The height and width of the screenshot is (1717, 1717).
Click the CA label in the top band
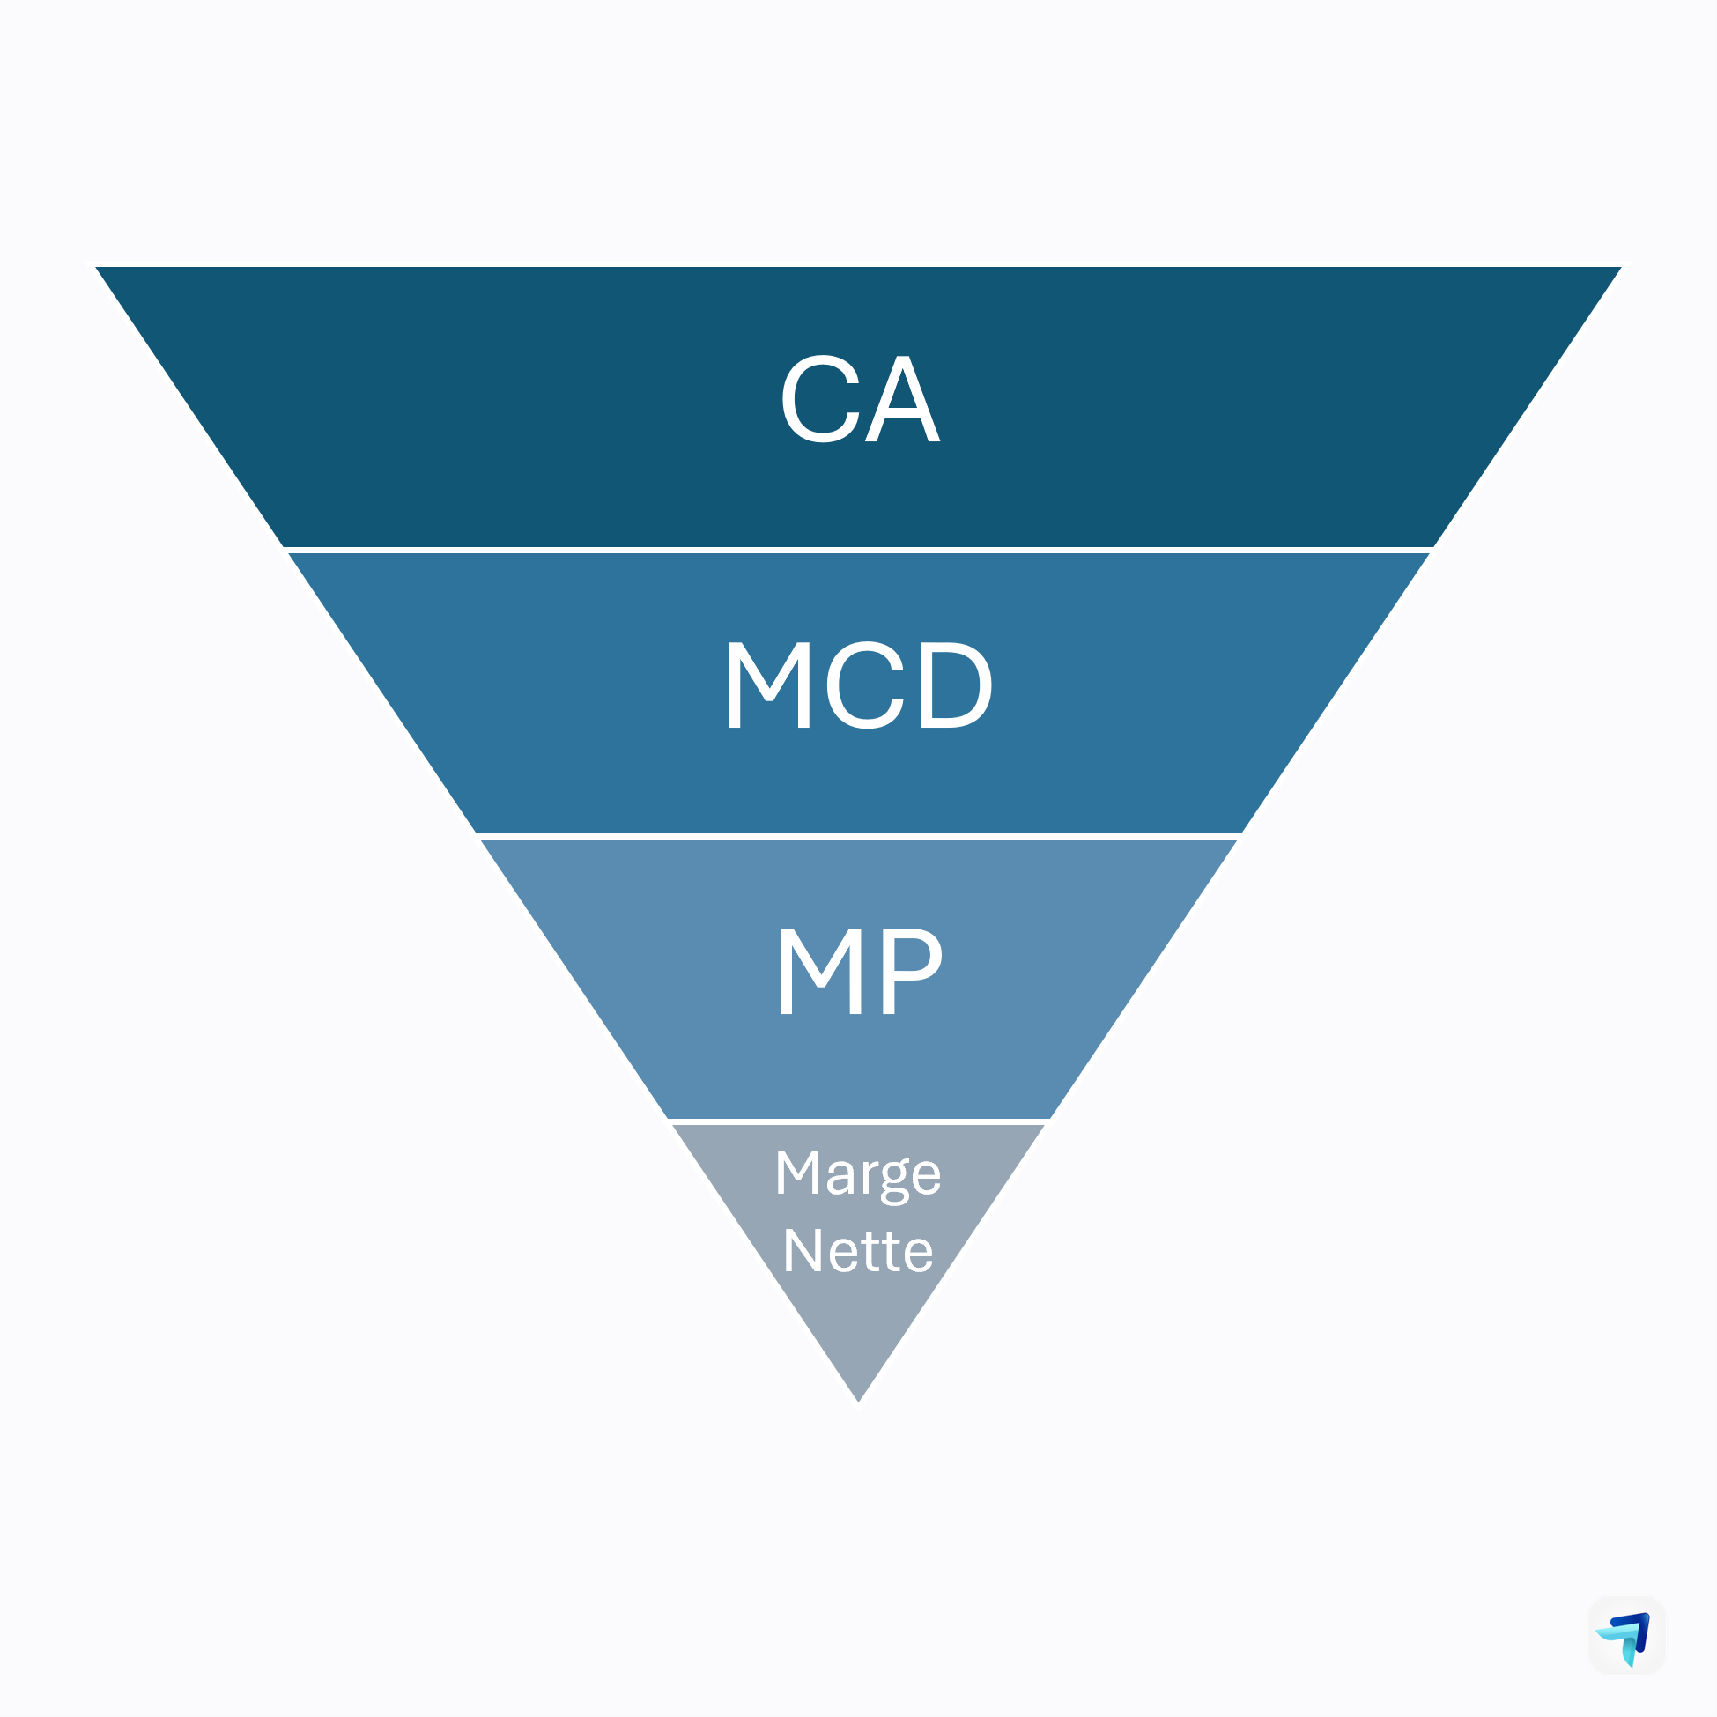pyautogui.click(x=860, y=399)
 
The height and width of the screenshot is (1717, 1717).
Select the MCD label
pyautogui.click(x=858, y=685)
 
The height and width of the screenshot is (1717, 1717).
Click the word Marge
pyautogui.click(x=857, y=1174)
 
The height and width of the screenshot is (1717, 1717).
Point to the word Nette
pyautogui.click(x=857, y=1251)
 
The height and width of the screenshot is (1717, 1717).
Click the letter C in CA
pyautogui.click(x=820, y=399)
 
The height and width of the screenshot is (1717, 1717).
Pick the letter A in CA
pyautogui.click(x=903, y=399)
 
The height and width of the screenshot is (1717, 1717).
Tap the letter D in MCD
pyautogui.click(x=955, y=685)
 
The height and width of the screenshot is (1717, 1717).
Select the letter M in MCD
pyautogui.click(x=769, y=685)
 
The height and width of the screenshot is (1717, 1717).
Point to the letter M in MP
pyautogui.click(x=820, y=971)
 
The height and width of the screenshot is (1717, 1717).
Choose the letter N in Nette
pyautogui.click(x=802, y=1250)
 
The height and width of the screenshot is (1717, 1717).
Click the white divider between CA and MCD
pyautogui.click(x=858, y=550)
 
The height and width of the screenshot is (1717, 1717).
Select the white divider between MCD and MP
pyautogui.click(x=858, y=836)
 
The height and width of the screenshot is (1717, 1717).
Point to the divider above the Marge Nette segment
pyautogui.click(x=858, y=1121)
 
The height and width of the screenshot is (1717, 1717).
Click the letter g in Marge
pyautogui.click(x=895, y=1180)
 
